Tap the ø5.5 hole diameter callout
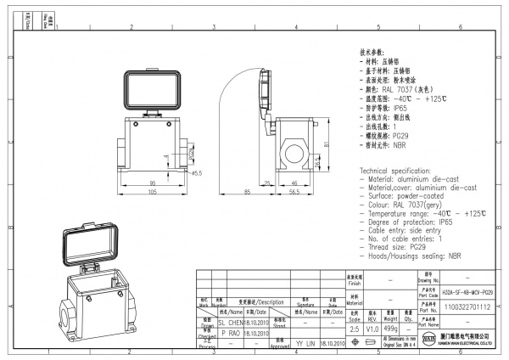195,173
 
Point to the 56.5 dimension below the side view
294,193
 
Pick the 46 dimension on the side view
294,183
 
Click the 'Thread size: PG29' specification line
401,246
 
